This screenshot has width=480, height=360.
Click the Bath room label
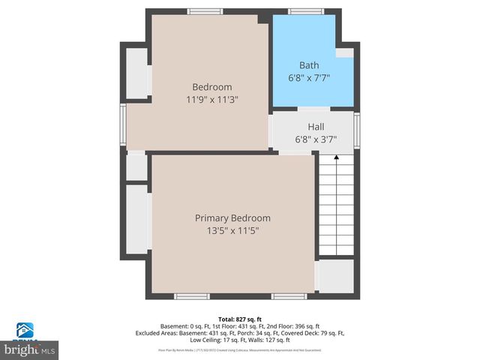tap(309, 65)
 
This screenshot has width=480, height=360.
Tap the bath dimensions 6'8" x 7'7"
tap(309, 77)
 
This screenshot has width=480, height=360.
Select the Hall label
tap(316, 127)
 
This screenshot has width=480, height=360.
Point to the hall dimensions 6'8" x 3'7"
tap(316, 139)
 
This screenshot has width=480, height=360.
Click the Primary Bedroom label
tap(232, 218)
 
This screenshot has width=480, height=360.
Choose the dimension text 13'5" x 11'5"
tap(232, 231)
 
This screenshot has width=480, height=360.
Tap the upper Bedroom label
tap(212, 87)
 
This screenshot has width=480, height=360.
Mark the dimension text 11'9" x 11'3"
tap(212, 99)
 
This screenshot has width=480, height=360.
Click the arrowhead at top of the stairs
tap(336, 158)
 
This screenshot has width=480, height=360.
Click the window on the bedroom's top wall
tap(204, 11)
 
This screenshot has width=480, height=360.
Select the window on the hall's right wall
tap(357, 126)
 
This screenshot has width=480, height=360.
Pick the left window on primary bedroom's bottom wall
tap(192, 296)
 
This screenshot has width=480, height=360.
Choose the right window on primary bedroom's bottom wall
tap(288, 296)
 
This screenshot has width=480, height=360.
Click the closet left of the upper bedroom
tap(137, 73)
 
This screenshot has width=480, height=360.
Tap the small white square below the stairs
tap(334, 275)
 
